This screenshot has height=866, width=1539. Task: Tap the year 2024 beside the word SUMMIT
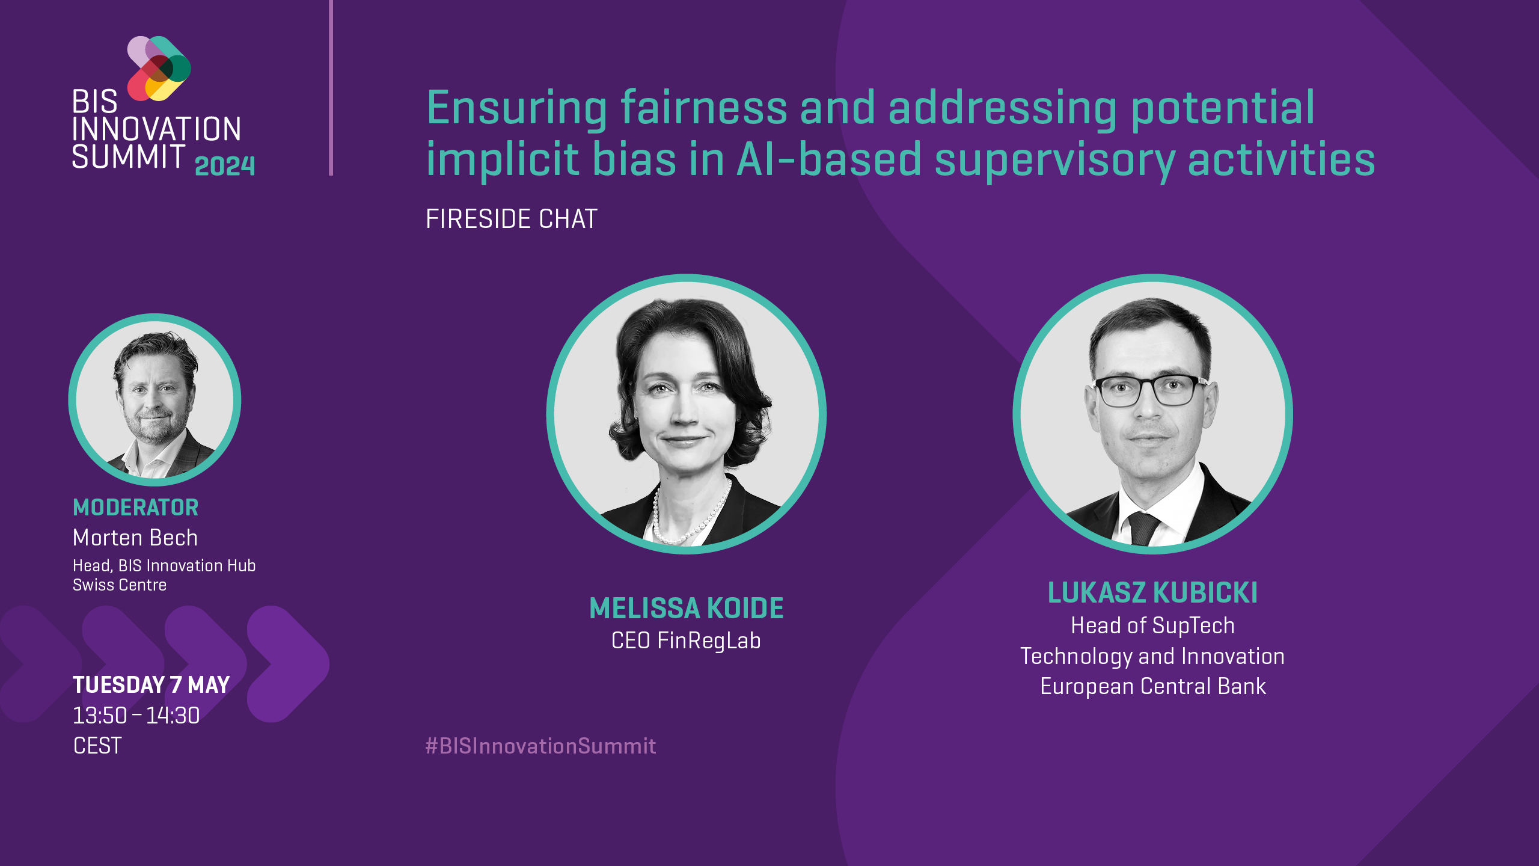tap(225, 166)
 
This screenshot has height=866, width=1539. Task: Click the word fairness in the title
tap(703, 108)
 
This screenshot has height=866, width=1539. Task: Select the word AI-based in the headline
tap(828, 160)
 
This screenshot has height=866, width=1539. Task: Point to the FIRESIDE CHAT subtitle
tap(511, 219)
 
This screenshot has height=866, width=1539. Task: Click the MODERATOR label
tap(135, 508)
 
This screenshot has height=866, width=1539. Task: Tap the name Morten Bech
tap(135, 538)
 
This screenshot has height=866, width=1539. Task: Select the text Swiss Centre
tap(119, 585)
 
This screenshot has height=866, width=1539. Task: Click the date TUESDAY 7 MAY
tap(151, 685)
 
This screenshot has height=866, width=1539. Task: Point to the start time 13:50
tap(100, 716)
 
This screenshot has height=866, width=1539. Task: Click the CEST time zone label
tap(97, 746)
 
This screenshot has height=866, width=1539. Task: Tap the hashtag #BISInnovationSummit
tap(540, 746)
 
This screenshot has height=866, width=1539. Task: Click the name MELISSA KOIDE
tap(686, 609)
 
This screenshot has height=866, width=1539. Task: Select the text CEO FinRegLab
tap(686, 641)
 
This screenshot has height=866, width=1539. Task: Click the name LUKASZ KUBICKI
tap(1152, 593)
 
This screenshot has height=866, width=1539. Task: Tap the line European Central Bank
tap(1152, 687)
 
